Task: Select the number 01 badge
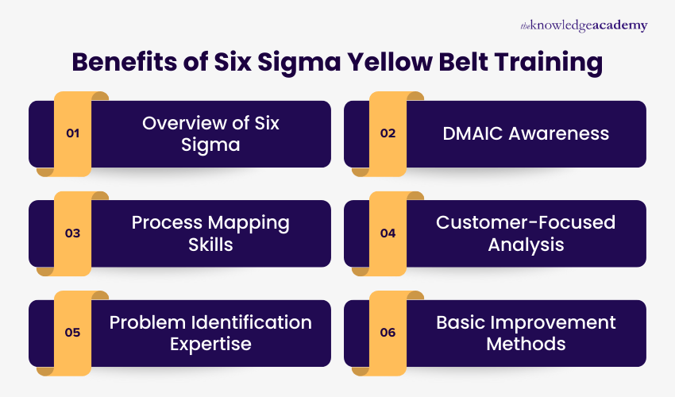pyautogui.click(x=72, y=133)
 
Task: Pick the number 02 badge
pyautogui.click(x=388, y=133)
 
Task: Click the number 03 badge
pyautogui.click(x=72, y=233)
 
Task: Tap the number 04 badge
pyautogui.click(x=388, y=233)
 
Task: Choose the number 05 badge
pyautogui.click(x=72, y=333)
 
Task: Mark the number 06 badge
pyautogui.click(x=388, y=333)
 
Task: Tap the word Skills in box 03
pyautogui.click(x=210, y=244)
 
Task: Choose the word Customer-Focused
pyautogui.click(x=526, y=222)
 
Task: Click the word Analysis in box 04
pyautogui.click(x=526, y=244)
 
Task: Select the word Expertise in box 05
pyautogui.click(x=210, y=344)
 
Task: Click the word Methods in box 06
pyautogui.click(x=526, y=344)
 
